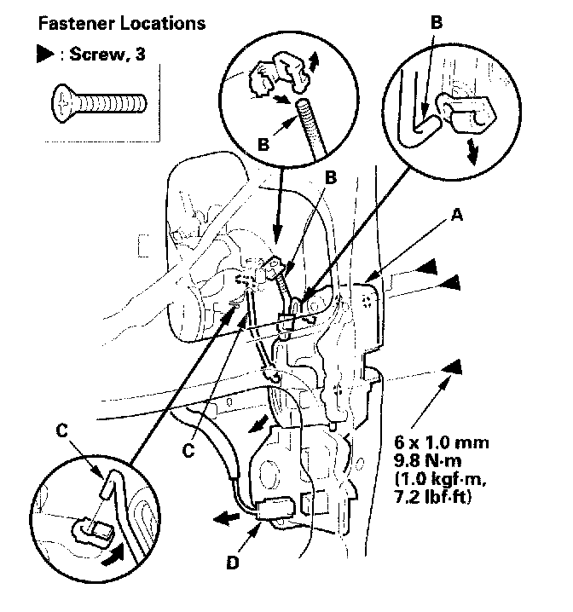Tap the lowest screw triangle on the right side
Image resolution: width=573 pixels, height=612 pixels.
pyautogui.click(x=454, y=367)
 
